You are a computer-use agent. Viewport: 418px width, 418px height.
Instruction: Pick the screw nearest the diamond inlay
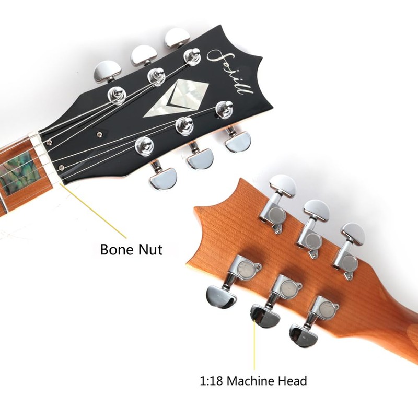point(99,134)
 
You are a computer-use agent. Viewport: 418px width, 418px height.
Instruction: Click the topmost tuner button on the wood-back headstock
point(283,185)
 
